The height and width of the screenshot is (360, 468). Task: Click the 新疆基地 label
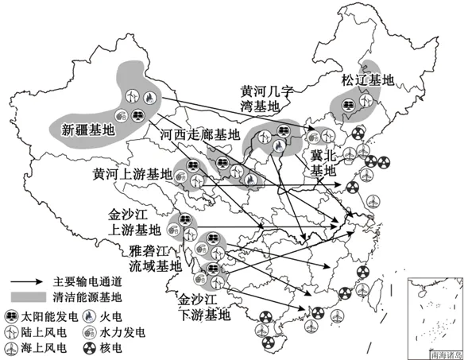tap(87, 128)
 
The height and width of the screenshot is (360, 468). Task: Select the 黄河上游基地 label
tap(132, 173)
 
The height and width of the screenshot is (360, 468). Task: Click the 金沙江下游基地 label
tap(203, 307)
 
